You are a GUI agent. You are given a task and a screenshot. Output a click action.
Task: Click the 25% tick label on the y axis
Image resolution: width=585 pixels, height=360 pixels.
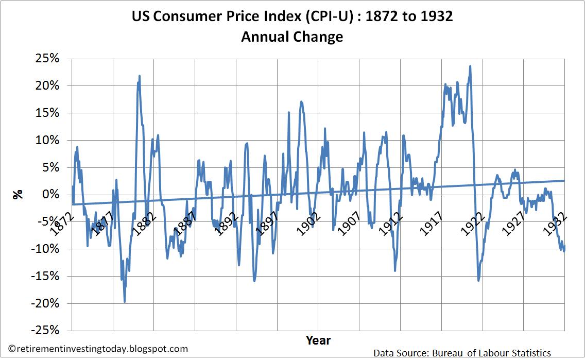point(48,59)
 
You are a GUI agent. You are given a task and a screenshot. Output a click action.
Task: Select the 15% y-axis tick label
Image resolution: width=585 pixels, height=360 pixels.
point(48,113)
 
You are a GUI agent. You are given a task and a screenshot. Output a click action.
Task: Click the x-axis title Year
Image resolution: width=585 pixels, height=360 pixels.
point(318,340)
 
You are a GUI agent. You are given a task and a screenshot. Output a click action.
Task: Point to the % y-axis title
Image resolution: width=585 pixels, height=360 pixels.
point(19,195)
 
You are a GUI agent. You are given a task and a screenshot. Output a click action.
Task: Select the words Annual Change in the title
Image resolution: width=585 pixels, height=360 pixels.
point(292,37)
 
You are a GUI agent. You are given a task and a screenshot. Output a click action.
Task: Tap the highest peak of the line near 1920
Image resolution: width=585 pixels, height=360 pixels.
point(470,66)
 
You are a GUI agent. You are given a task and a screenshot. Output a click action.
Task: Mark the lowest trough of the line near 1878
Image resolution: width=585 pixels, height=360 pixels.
point(125,302)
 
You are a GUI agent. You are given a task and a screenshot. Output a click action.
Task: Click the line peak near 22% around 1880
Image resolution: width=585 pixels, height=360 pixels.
point(139,76)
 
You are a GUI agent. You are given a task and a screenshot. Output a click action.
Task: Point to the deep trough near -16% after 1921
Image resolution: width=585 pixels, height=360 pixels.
point(478,280)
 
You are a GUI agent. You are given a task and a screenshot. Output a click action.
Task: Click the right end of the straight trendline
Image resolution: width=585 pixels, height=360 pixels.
point(564,180)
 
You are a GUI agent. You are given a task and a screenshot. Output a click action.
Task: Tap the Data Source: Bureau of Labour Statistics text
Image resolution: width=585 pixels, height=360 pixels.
point(462,353)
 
